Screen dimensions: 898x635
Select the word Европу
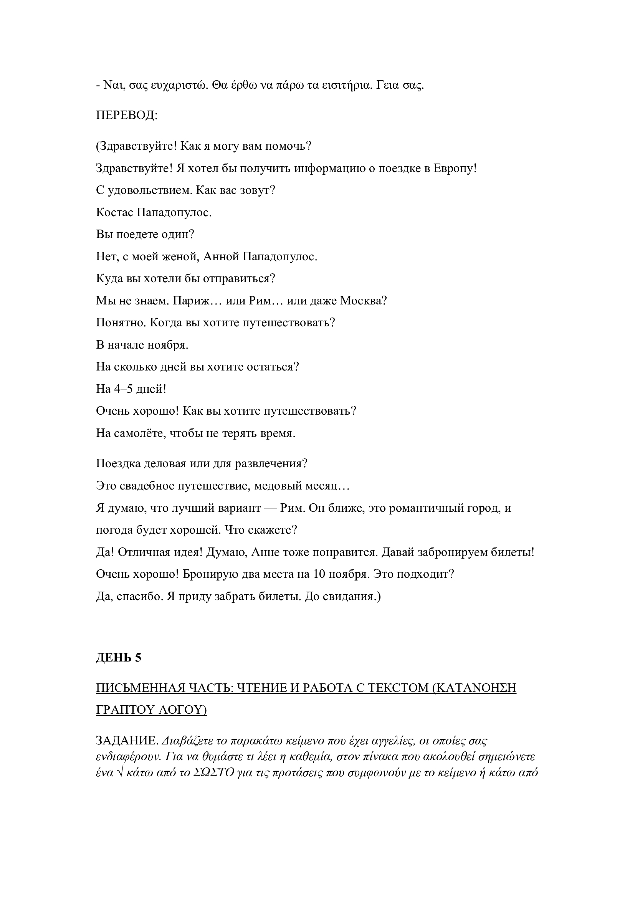pos(454,168)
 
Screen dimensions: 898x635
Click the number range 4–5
pos(124,389)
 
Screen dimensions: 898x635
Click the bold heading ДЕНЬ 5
pos(119,658)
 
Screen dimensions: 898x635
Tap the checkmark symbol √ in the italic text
pos(120,773)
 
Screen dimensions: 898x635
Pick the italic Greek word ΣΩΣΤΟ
pos(213,773)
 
